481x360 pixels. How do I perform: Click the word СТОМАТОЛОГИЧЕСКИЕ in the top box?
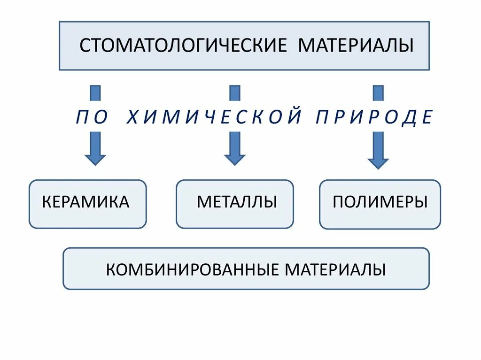[x=183, y=46]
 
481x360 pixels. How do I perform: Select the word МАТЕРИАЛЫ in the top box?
[x=356, y=46]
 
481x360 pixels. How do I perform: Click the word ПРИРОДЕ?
[x=374, y=116]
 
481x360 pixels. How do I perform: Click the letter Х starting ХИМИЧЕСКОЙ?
[x=132, y=116]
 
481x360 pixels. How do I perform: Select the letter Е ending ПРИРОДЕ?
[x=427, y=116]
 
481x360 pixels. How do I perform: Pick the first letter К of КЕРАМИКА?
[x=47, y=202]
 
